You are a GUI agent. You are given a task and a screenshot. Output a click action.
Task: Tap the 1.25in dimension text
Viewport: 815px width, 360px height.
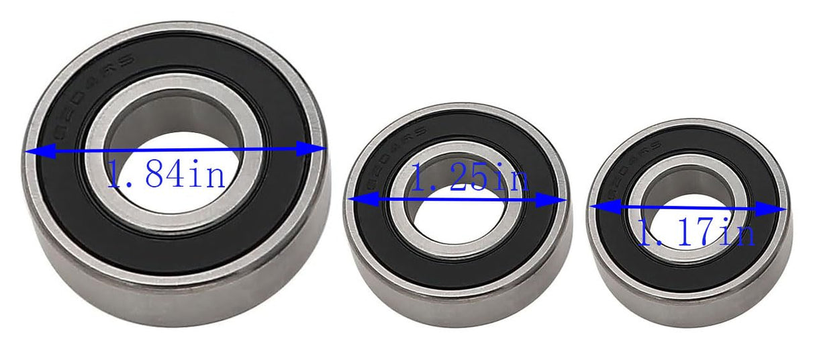click(469, 179)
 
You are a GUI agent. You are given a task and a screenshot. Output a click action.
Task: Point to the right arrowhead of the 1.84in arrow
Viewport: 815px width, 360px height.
click(316, 148)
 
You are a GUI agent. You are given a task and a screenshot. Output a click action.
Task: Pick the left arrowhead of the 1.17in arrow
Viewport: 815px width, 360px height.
click(599, 208)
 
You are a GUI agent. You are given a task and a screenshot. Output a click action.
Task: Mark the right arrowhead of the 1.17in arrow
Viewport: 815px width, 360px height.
click(777, 210)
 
